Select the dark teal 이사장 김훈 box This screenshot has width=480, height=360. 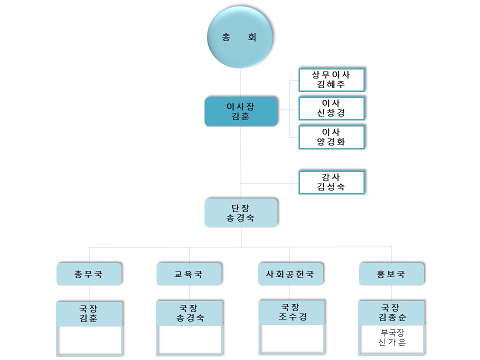[241, 111]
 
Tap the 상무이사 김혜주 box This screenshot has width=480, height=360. [331, 79]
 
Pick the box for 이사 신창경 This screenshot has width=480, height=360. [331, 108]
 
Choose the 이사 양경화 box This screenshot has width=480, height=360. [331, 136]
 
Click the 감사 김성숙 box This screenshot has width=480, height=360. [331, 182]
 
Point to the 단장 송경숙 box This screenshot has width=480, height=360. [241, 212]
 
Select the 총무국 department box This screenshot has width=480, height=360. [89, 274]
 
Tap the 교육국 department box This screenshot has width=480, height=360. [189, 274]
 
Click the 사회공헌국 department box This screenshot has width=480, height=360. [290, 274]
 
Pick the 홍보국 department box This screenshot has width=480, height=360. [391, 274]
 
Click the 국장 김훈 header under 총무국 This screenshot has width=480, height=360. [89, 313]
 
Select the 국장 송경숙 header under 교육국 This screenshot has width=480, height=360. [189, 313]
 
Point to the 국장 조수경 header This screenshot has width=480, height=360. [292, 312]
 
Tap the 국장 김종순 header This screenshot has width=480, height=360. [391, 312]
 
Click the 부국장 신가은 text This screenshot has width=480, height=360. [391, 338]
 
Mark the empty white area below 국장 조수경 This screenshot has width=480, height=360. [292, 338]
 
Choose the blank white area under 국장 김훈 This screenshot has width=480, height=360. [90, 339]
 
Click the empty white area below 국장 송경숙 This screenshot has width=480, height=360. [190, 339]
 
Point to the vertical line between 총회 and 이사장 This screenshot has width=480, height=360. [241, 83]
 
